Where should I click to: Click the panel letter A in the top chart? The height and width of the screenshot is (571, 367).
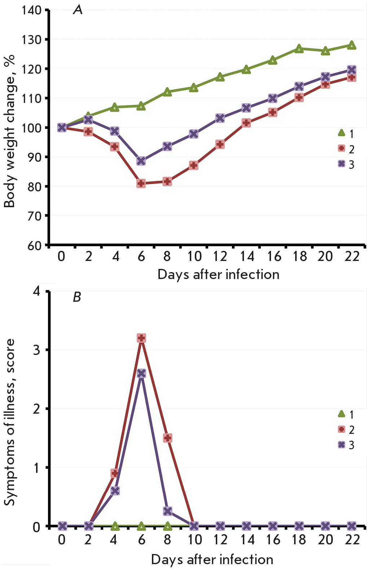pos(78,10)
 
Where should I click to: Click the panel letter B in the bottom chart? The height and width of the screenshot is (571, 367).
pos(77,297)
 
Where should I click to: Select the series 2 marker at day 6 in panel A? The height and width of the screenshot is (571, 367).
pos(141,183)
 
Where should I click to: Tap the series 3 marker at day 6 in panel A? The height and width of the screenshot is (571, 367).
pos(141,161)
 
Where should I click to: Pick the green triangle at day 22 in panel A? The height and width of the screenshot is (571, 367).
pos(352,45)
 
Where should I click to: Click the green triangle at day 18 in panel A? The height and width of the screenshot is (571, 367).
pos(299,49)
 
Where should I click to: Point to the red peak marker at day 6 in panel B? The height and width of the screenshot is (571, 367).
pos(141,338)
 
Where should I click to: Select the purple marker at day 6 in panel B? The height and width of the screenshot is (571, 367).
pos(141,374)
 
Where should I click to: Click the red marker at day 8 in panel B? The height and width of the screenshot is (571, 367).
pos(167,438)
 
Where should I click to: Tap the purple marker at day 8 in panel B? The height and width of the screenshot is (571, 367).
pos(167,511)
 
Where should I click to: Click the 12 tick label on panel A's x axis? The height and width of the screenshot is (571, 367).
pos(220,256)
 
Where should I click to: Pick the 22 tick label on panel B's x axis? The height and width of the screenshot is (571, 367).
pos(352,540)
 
